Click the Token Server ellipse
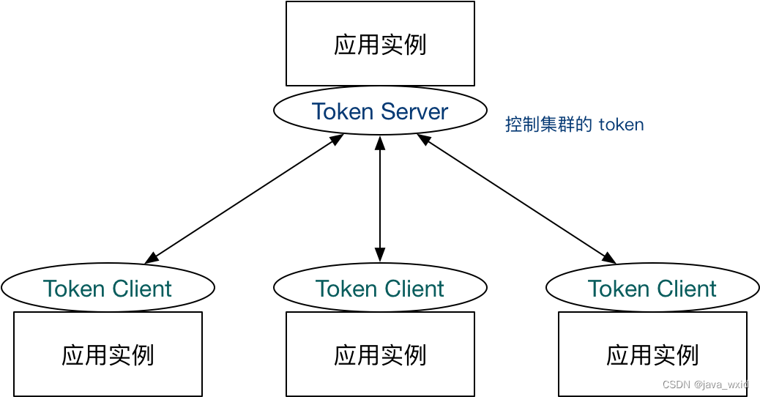(380, 111)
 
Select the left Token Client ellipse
(108, 288)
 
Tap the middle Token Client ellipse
(380, 288)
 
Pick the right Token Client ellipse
(652, 288)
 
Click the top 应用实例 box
(380, 44)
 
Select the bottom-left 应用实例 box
(108, 355)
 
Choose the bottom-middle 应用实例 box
(380, 355)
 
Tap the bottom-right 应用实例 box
(652, 355)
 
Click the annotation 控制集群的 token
(574, 125)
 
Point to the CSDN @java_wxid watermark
(705, 385)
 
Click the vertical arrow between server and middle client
(380, 198)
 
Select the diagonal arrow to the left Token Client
(244, 198)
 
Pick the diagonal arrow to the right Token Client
(516, 198)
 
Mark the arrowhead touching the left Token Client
(152, 258)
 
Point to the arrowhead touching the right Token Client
(608, 258)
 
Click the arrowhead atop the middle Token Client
(380, 255)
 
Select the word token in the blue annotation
(621, 125)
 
